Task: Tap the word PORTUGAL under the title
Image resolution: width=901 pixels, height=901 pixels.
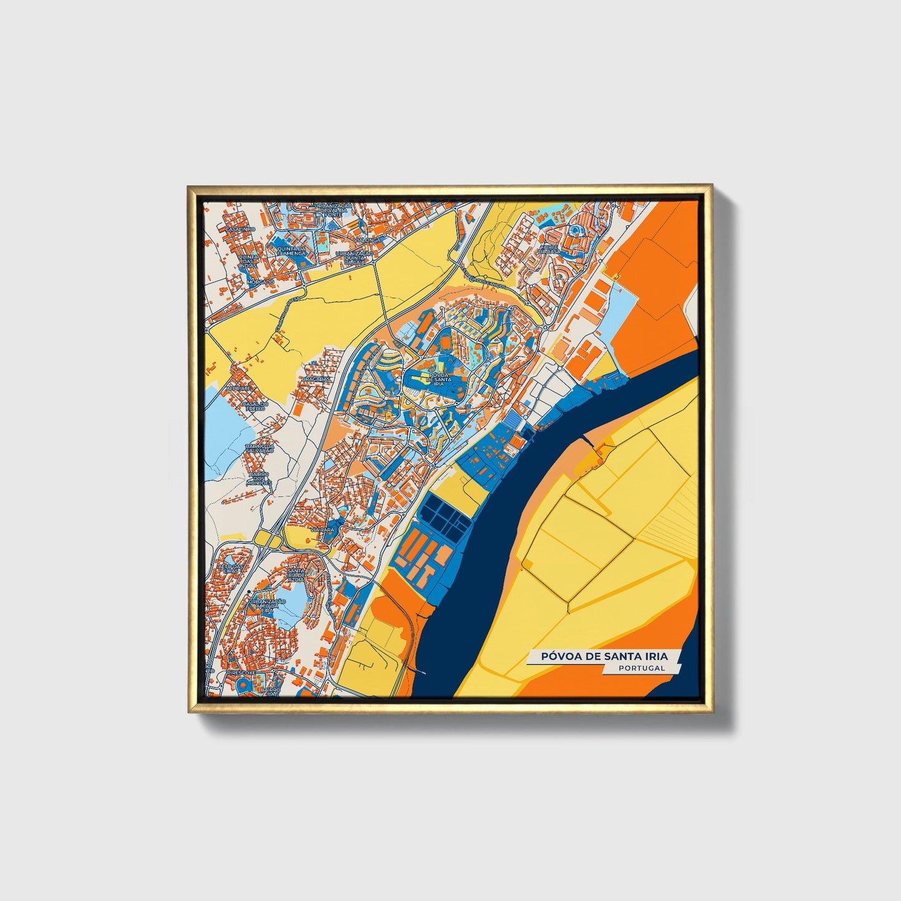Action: click(642, 668)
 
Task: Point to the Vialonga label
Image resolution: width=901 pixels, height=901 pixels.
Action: click(367, 239)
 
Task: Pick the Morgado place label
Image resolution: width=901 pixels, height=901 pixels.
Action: click(260, 282)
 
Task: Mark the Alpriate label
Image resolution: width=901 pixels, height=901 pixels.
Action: click(238, 388)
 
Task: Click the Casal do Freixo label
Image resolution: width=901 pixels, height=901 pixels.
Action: click(254, 406)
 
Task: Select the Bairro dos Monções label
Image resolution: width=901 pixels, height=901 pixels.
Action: click(258, 478)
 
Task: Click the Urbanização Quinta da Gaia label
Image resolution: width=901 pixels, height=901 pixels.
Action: click(354, 258)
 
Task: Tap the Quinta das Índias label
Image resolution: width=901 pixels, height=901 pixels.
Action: click(248, 261)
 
